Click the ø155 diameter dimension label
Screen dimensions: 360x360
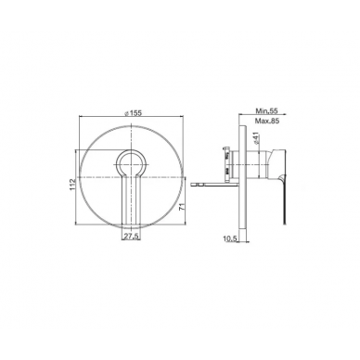tap(133, 113)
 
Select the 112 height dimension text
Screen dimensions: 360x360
tap(73, 185)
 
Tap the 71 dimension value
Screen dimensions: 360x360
tap(182, 207)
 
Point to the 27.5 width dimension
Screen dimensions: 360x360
tap(132, 236)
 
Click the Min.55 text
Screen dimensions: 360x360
tap(267, 110)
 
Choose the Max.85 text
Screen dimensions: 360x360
tap(267, 121)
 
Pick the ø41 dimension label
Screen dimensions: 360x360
tap(255, 137)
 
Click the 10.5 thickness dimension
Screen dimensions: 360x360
tap(229, 238)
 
